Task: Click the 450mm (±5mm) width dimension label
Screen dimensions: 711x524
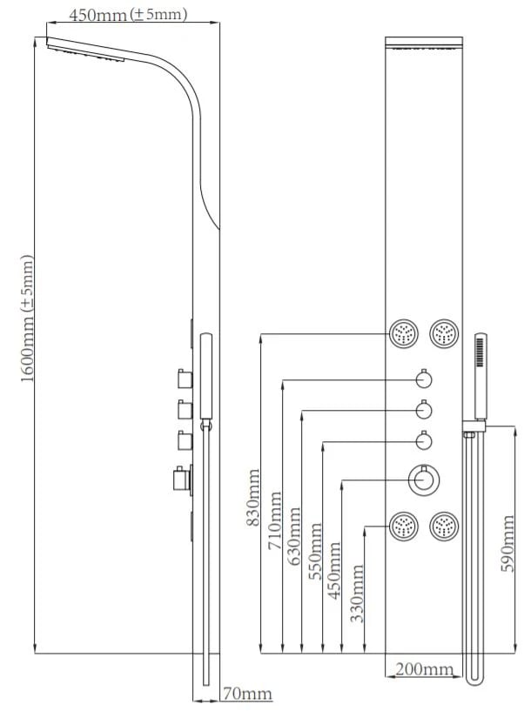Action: pos(128,15)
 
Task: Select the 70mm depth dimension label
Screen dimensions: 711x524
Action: pos(247,694)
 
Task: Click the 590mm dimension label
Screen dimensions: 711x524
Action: pos(510,544)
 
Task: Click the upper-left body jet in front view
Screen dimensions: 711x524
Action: pos(404,333)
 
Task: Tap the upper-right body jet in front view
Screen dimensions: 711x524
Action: pos(444,333)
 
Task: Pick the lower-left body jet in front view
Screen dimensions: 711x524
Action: pos(404,526)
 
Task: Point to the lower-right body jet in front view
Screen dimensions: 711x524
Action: pos(444,526)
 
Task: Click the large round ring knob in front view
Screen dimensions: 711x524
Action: pos(424,480)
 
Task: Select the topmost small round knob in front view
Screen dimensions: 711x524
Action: pos(424,379)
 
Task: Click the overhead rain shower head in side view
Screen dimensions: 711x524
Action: pos(87,50)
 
